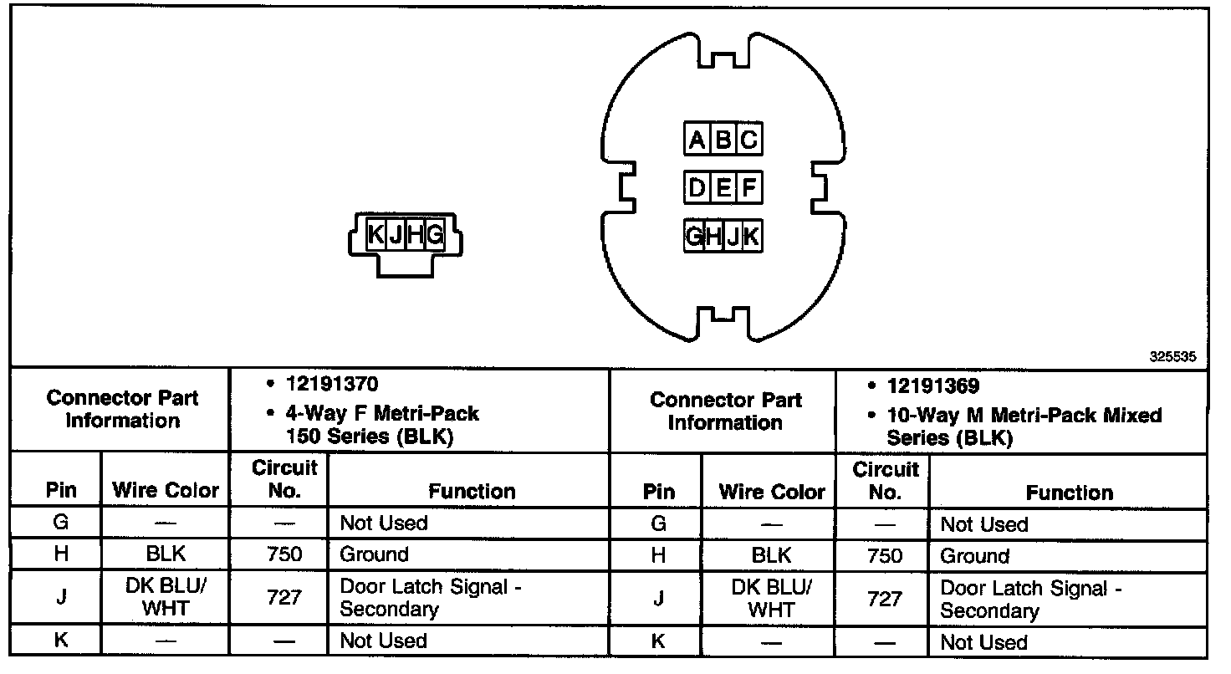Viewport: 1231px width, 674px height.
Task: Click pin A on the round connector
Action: pos(696,140)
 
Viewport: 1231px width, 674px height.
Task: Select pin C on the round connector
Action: pos(749,140)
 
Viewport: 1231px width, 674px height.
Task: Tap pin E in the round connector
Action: pos(723,187)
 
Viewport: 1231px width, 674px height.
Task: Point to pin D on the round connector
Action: pos(696,187)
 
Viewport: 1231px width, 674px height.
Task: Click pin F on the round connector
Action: pos(749,187)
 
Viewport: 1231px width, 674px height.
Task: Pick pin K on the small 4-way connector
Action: pos(376,237)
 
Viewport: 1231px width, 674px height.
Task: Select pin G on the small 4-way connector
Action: pos(434,237)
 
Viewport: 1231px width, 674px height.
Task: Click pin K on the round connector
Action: pos(751,237)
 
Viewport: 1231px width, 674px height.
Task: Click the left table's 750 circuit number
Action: pos(283,554)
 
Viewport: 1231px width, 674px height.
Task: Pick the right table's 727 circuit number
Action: pos(884,599)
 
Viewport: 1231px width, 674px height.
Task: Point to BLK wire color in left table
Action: pos(165,554)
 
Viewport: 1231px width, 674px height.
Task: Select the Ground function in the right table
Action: pos(974,556)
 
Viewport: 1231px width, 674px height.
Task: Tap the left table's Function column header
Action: pos(472,491)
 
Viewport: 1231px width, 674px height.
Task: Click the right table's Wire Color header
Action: pos(771,493)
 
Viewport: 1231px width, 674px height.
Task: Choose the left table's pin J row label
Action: pos(60,597)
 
